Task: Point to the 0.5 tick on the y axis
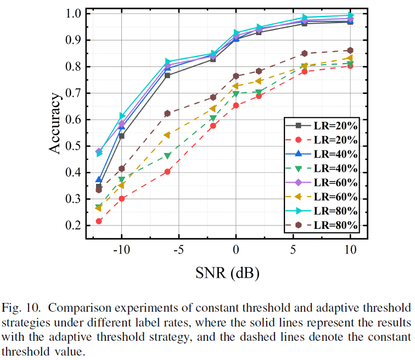pos(74,146)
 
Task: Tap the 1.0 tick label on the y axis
pos(74,14)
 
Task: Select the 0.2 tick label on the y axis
pos(74,226)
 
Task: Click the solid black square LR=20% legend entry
pos(321,126)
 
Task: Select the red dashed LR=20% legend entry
pos(321,140)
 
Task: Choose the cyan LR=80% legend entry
pos(321,211)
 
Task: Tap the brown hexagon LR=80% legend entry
pos(321,226)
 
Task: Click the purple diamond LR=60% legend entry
pos(321,183)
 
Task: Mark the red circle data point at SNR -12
pos(99,221)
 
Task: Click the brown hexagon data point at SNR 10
pos(350,50)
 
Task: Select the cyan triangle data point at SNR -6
pos(167,62)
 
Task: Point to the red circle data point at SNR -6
pos(167,172)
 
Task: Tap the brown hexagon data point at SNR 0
pos(236,76)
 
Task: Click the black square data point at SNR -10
pos(122,136)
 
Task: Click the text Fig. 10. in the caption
pos(24,306)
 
